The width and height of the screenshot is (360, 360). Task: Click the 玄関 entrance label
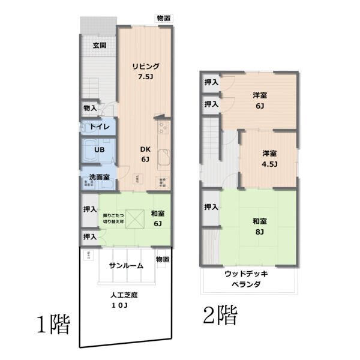[100, 46]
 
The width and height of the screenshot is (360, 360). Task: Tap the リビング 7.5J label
[146, 71]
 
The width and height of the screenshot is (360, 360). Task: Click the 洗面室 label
[99, 177]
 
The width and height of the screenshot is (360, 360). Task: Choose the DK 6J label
[146, 154]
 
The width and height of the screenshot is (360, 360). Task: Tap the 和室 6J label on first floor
[158, 218]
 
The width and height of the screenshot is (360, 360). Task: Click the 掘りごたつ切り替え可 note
[113, 218]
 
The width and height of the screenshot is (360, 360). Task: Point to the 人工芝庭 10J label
[124, 300]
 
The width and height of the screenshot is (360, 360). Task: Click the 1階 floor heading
[54, 325]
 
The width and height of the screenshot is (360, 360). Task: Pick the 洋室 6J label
[260, 100]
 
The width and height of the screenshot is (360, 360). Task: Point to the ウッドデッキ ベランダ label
[246, 279]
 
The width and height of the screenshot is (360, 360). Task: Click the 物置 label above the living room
[163, 18]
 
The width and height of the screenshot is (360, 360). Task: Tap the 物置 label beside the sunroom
[162, 259]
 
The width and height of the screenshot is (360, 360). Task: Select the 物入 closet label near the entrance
[89, 108]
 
